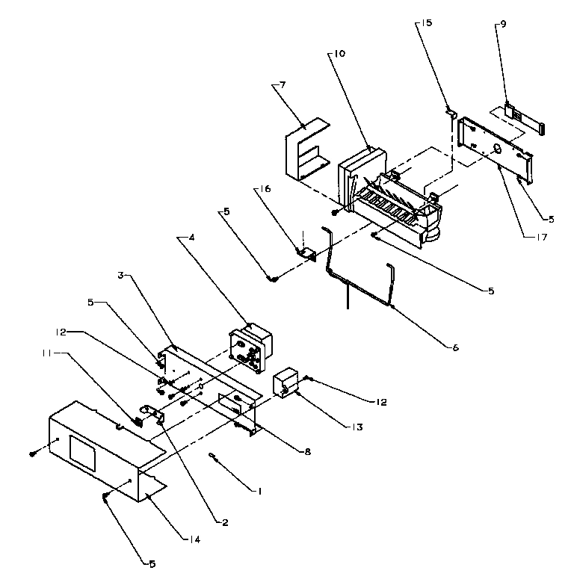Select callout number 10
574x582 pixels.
coord(339,55)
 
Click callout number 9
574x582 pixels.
coord(503,24)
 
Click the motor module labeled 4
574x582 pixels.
coord(252,347)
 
